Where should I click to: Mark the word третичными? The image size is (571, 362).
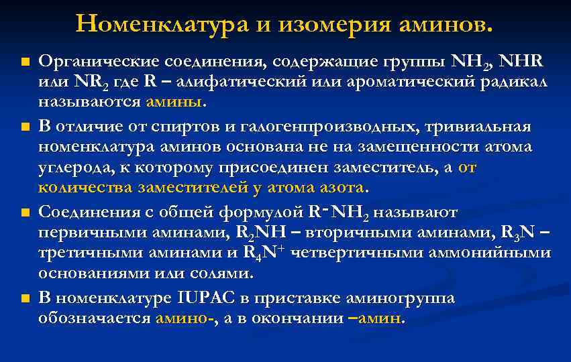point(85,253)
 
